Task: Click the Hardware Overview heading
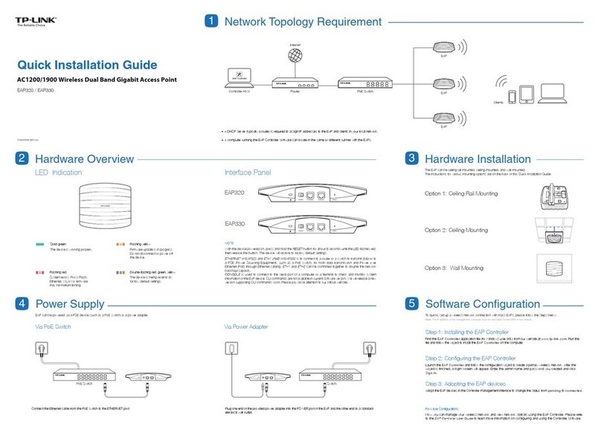(x=84, y=159)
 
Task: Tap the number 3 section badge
(x=411, y=159)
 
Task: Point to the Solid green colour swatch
(x=42, y=244)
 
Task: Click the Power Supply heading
(x=72, y=304)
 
